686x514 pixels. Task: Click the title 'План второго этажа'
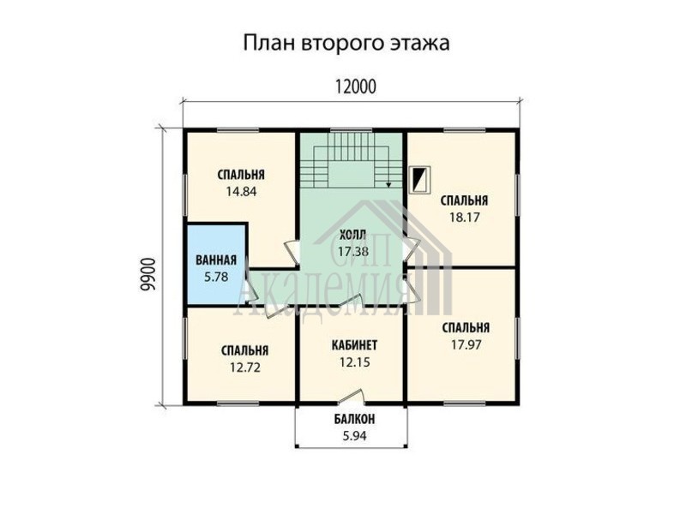pos(346,44)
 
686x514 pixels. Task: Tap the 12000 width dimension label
pos(356,87)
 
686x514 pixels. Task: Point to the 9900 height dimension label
pos(147,274)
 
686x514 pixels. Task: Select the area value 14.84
pos(241,191)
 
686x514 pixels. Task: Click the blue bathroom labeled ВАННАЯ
pos(216,264)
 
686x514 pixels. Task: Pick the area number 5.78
pos(216,276)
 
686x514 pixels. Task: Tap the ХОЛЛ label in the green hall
pos(352,235)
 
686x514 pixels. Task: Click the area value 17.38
pos(353,251)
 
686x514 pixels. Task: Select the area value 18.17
pos(464,217)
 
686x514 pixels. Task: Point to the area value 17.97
pos(466,345)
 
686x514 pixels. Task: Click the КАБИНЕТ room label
pos(354,345)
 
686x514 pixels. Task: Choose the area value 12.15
pos(355,362)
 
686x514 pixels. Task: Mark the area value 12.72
pos(245,368)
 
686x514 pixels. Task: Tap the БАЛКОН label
pos(355,420)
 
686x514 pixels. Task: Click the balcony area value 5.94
pos(355,436)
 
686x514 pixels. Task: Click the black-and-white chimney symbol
pos(420,179)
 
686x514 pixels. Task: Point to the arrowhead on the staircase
pos(388,185)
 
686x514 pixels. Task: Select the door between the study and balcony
pos(352,395)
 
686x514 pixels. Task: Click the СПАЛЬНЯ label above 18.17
pos(464,200)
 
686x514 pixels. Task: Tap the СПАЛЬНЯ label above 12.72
pos(245,350)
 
